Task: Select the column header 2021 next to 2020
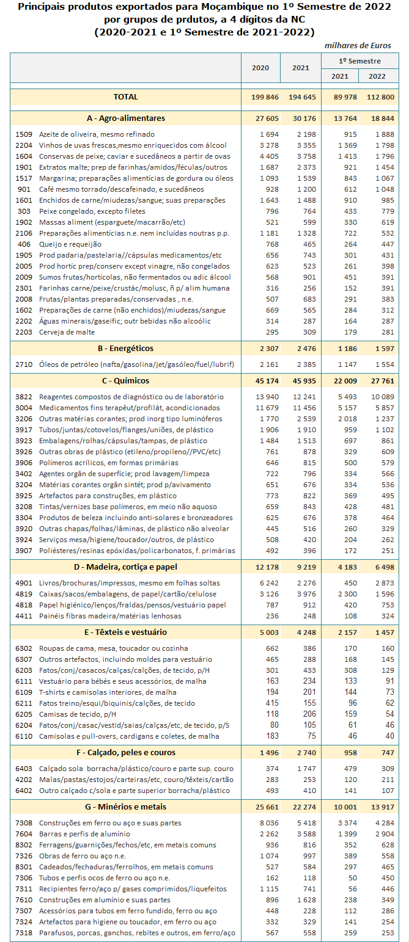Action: click(301, 68)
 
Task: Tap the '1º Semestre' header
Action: click(360, 61)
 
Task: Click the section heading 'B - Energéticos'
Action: click(125, 349)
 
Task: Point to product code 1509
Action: click(23, 134)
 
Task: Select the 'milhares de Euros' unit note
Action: click(358, 45)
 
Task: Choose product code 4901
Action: click(23, 584)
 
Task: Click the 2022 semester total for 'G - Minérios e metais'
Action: click(379, 806)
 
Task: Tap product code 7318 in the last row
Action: click(23, 933)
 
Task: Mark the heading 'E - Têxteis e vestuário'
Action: click(125, 632)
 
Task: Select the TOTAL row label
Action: click(125, 97)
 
